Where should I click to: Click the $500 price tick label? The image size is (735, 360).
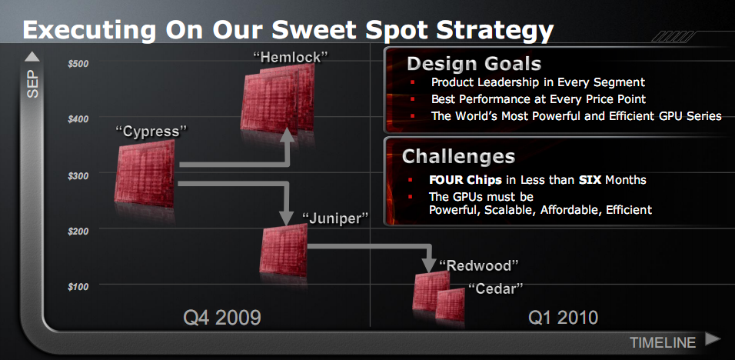(x=78, y=64)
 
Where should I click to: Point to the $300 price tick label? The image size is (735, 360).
(x=78, y=175)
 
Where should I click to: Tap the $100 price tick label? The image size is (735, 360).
(x=78, y=286)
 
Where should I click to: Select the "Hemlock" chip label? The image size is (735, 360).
(x=290, y=57)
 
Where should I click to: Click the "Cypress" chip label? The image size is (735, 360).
(x=151, y=132)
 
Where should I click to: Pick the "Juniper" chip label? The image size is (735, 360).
(x=335, y=218)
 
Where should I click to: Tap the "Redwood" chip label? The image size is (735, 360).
(x=478, y=265)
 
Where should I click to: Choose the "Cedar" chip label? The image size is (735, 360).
(x=495, y=288)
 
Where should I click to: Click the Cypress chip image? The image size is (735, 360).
(x=145, y=173)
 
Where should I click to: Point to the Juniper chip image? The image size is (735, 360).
(x=284, y=250)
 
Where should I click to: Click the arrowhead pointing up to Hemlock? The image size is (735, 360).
(x=288, y=135)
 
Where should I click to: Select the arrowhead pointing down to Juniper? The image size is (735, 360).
(x=286, y=218)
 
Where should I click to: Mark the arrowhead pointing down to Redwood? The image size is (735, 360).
(x=429, y=265)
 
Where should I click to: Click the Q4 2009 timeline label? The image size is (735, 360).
(x=221, y=318)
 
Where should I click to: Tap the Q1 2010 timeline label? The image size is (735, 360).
(x=563, y=318)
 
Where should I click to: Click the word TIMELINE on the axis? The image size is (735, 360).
(x=662, y=342)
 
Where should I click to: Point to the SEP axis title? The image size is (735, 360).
(x=33, y=85)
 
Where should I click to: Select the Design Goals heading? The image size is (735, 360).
(x=474, y=64)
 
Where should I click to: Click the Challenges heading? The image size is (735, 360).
(x=458, y=157)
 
